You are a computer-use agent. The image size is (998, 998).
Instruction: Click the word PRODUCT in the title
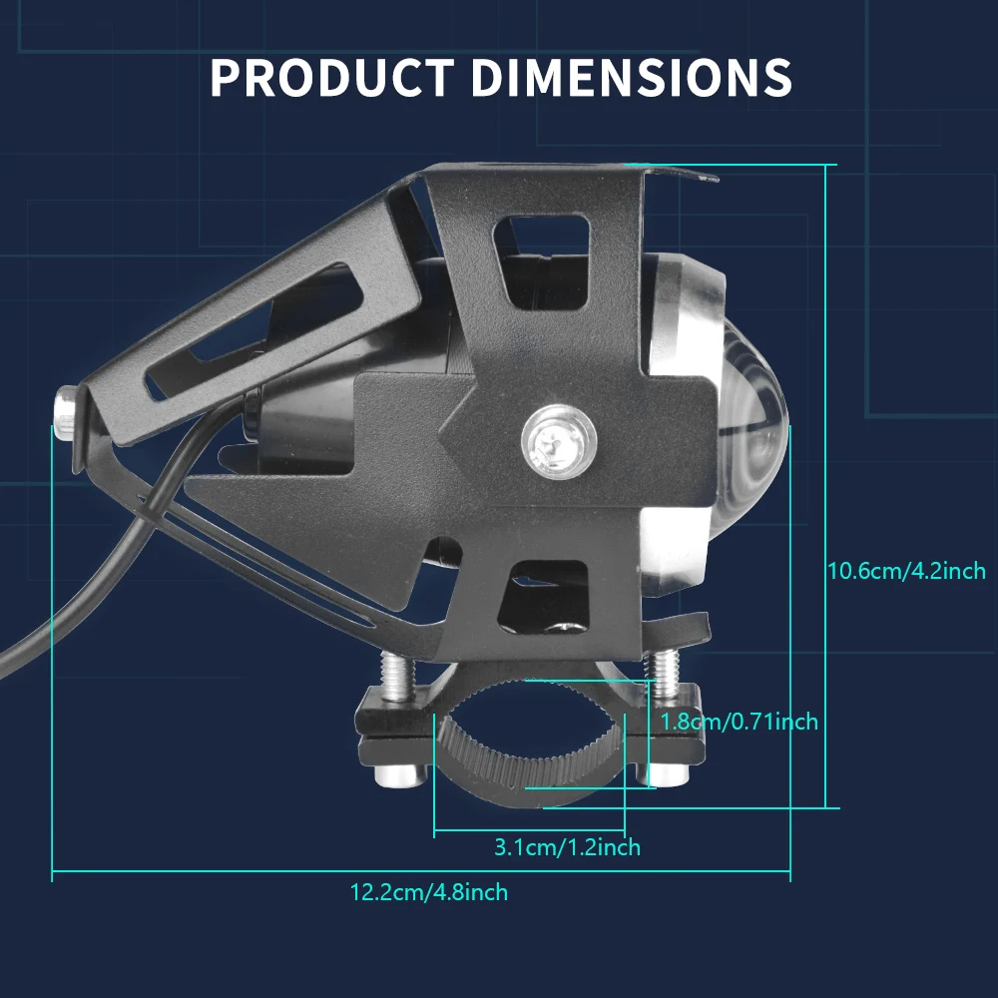coord(331,77)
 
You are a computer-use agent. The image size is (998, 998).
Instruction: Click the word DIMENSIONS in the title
coord(632,77)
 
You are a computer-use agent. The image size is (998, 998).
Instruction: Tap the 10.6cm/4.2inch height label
coord(906,571)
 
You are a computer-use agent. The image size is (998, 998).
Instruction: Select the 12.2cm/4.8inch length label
coord(429,892)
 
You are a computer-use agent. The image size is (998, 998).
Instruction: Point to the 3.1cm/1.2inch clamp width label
coord(567,847)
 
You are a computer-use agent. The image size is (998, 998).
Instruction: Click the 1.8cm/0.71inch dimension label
coord(739,722)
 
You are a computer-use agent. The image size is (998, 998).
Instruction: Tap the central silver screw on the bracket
coord(559,440)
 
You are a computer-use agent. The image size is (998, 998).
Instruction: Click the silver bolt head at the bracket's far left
coord(66,412)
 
